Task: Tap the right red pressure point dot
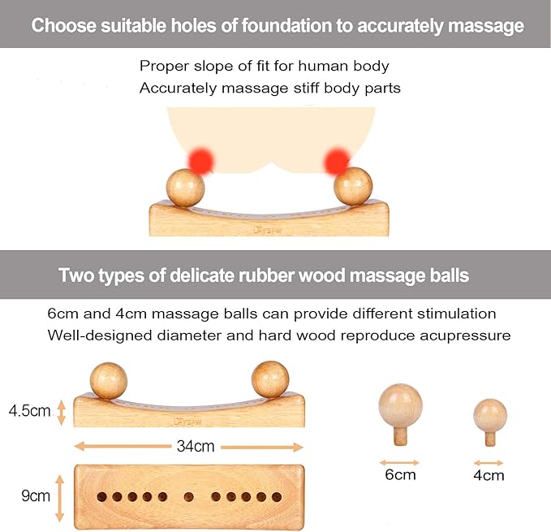pos(337,162)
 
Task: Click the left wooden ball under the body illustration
pos(186,188)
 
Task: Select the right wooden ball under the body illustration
pos(353,186)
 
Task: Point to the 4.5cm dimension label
pos(30,411)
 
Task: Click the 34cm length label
pos(196,446)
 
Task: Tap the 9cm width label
pos(36,495)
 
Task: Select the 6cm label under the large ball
pos(400,474)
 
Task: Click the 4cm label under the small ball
pos(489,475)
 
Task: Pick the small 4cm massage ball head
pos(490,416)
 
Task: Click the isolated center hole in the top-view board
pos(189,497)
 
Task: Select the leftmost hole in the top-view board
pos(102,497)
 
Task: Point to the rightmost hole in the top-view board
pos(277,497)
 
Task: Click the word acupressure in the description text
pos(465,335)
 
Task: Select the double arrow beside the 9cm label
pos(60,498)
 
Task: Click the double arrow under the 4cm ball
pos(489,463)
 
